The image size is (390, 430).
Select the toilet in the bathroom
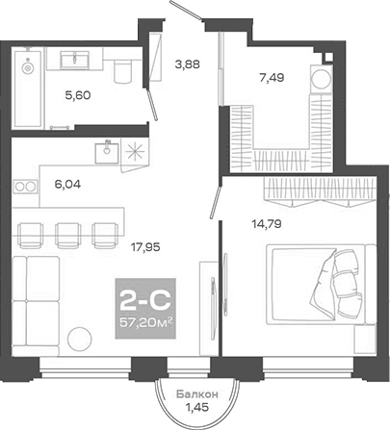pos(119,72)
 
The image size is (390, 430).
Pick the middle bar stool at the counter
pos(67,232)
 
